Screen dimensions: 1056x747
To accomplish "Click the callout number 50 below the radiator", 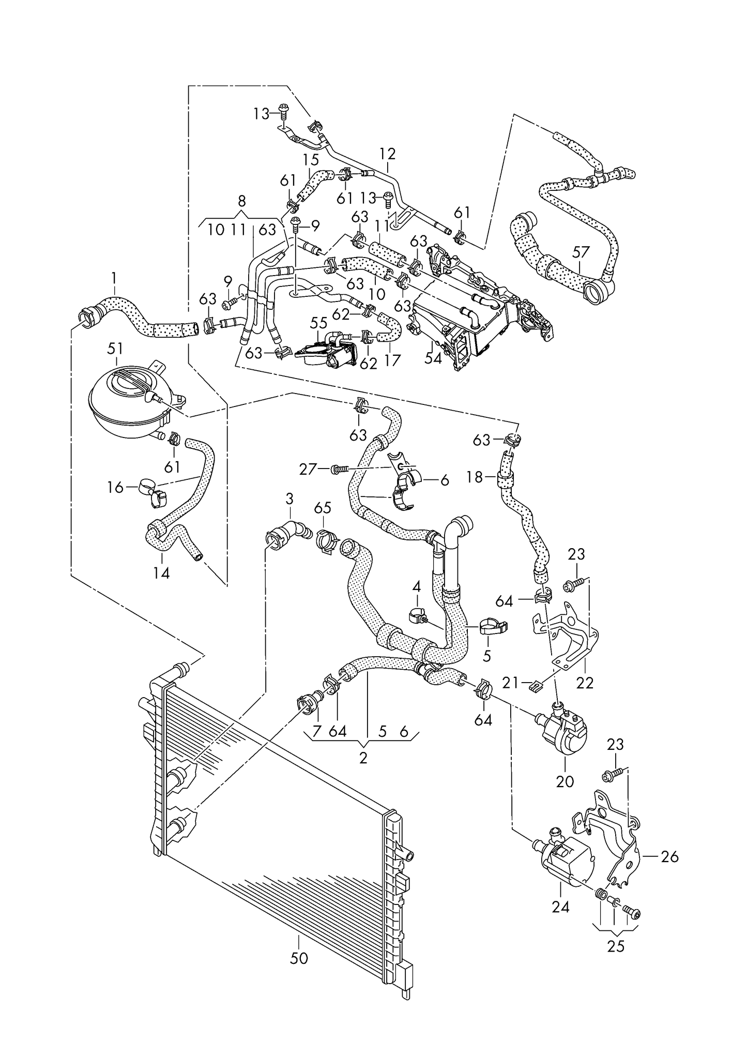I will [299, 958].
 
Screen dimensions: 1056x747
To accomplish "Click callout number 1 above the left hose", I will [114, 280].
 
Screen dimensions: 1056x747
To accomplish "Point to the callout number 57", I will [581, 252].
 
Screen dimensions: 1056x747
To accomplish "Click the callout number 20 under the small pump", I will [565, 781].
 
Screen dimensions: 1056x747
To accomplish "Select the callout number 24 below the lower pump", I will [560, 907].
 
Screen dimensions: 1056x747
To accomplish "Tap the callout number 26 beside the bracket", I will [669, 857].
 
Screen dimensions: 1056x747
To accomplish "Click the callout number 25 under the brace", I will [616, 946].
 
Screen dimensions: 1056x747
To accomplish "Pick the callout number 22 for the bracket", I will [585, 683].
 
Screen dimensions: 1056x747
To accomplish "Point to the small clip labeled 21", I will [536, 686].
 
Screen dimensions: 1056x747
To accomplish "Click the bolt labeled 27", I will [339, 469].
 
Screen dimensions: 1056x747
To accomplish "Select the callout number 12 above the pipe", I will [387, 154].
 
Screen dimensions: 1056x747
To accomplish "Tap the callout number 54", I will [433, 358].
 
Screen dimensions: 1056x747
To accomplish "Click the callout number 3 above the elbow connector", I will [289, 499].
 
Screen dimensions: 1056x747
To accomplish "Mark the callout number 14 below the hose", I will [161, 573].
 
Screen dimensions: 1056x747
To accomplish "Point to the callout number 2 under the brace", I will [363, 758].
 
